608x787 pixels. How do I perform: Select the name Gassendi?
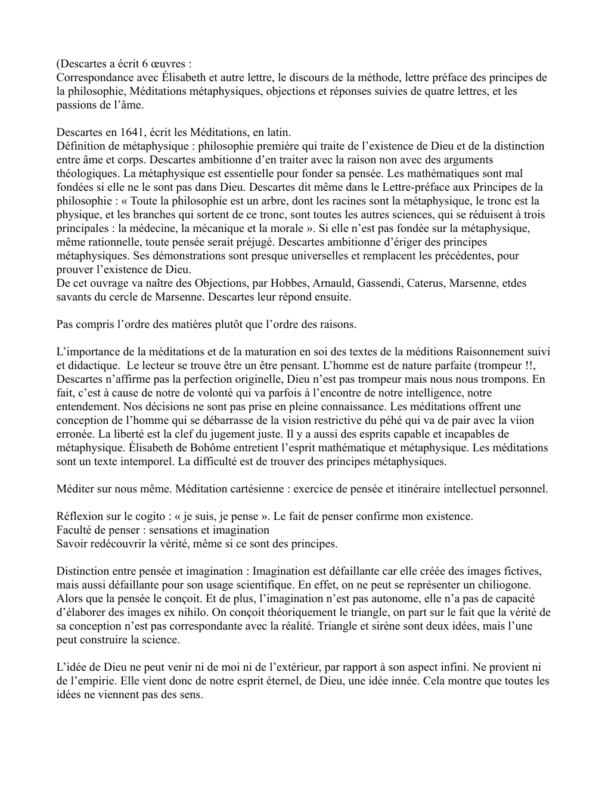pyautogui.click(x=380, y=283)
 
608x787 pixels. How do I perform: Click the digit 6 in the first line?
pyautogui.click(x=147, y=64)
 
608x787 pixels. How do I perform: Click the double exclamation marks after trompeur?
pyautogui.click(x=540, y=365)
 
